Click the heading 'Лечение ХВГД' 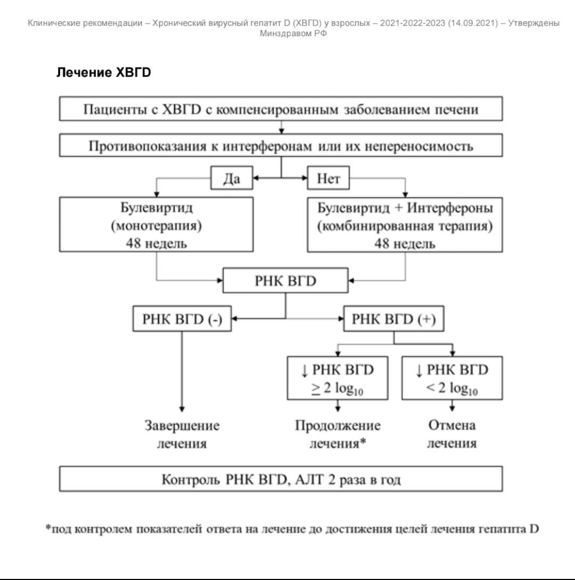pos(104,73)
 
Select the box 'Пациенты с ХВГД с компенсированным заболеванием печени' pos(281,110)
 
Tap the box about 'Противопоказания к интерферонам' pos(281,146)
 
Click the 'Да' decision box pos(232,179)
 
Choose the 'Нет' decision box pos(328,179)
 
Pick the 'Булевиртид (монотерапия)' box pos(157,225)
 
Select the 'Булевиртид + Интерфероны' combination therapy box pos(405,225)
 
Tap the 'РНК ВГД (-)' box pos(182,319)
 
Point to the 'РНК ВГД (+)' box pos(393,319)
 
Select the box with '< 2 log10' pos(452,378)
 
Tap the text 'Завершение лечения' pos(182,435)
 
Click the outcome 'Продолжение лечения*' pos(338,435)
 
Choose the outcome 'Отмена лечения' pos(451,435)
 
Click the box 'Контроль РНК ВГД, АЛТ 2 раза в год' pos(281,479)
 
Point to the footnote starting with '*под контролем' pos(292,529)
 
